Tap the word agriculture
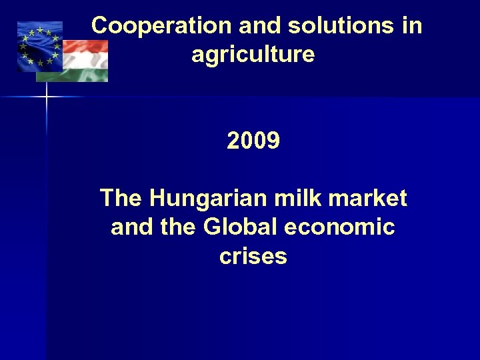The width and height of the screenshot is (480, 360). tap(253, 54)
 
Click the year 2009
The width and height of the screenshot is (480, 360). tap(253, 141)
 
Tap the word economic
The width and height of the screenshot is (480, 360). tap(339, 227)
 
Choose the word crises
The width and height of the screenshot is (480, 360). tap(253, 256)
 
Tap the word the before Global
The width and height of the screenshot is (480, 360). tap(177, 227)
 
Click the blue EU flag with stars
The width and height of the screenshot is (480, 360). tap(38, 45)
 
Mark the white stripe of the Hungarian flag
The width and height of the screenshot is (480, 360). tap(83, 61)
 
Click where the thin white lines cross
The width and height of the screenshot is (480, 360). tap(47, 97)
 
